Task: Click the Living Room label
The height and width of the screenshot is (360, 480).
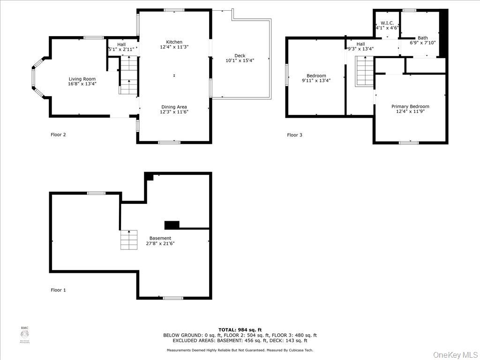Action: [82, 79]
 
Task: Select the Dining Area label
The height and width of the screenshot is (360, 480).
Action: [174, 107]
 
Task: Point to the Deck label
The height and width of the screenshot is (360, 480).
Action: [240, 56]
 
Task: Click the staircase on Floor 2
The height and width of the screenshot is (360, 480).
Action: [129, 75]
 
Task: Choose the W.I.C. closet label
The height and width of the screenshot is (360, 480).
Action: [387, 22]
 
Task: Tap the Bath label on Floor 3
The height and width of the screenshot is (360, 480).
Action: [423, 38]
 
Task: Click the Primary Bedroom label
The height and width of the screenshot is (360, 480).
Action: [410, 106]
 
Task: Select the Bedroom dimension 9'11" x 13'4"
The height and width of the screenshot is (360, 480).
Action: [316, 81]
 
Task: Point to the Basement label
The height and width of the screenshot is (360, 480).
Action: [160, 238]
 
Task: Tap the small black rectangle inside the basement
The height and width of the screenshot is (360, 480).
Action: [172, 225]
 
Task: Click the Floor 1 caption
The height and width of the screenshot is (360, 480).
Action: [58, 290]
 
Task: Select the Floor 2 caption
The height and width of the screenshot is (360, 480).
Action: [58, 135]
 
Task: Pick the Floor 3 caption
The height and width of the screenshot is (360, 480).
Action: [294, 135]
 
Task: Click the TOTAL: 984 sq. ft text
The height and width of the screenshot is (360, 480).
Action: [240, 330]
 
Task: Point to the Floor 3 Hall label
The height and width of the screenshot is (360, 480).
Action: [360, 44]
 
